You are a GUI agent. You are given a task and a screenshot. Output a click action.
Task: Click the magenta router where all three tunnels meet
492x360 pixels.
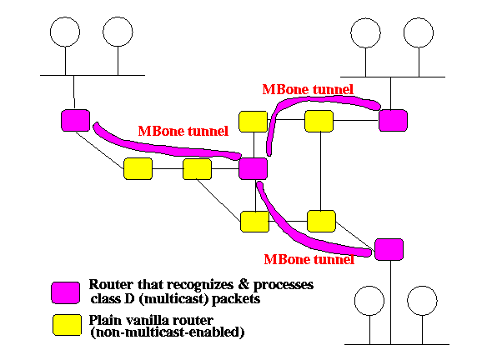coord(254,168)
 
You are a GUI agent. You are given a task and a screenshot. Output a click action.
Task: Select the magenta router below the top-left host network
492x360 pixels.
coord(75,121)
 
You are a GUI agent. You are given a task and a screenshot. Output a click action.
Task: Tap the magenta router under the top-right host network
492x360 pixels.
coord(393,121)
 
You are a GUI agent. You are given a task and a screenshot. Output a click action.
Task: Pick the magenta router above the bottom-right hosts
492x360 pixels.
coord(389,250)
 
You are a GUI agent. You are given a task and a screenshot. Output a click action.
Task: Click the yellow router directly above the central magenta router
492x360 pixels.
coord(254,122)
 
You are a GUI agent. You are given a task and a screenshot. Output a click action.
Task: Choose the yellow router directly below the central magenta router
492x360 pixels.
coord(255,222)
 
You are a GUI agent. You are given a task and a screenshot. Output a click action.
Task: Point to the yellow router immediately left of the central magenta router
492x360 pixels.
coord(197,169)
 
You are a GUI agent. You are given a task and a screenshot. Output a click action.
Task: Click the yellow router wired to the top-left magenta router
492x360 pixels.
coord(138,169)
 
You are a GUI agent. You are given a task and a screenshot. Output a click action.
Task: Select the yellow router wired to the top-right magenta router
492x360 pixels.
coord(319,121)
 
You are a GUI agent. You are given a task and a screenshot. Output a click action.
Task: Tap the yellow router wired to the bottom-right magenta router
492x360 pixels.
coord(321,222)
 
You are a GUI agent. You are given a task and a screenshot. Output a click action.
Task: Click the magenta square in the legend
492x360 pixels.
coord(66,292)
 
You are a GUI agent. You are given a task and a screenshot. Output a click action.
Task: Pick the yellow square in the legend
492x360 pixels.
coord(67,325)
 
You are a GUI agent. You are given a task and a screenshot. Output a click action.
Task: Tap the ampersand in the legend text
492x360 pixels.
coord(243,284)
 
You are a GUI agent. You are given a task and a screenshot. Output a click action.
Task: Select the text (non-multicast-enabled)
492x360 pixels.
coord(168,332)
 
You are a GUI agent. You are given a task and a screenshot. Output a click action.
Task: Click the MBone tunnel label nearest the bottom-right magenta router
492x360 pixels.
coord(309,259)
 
